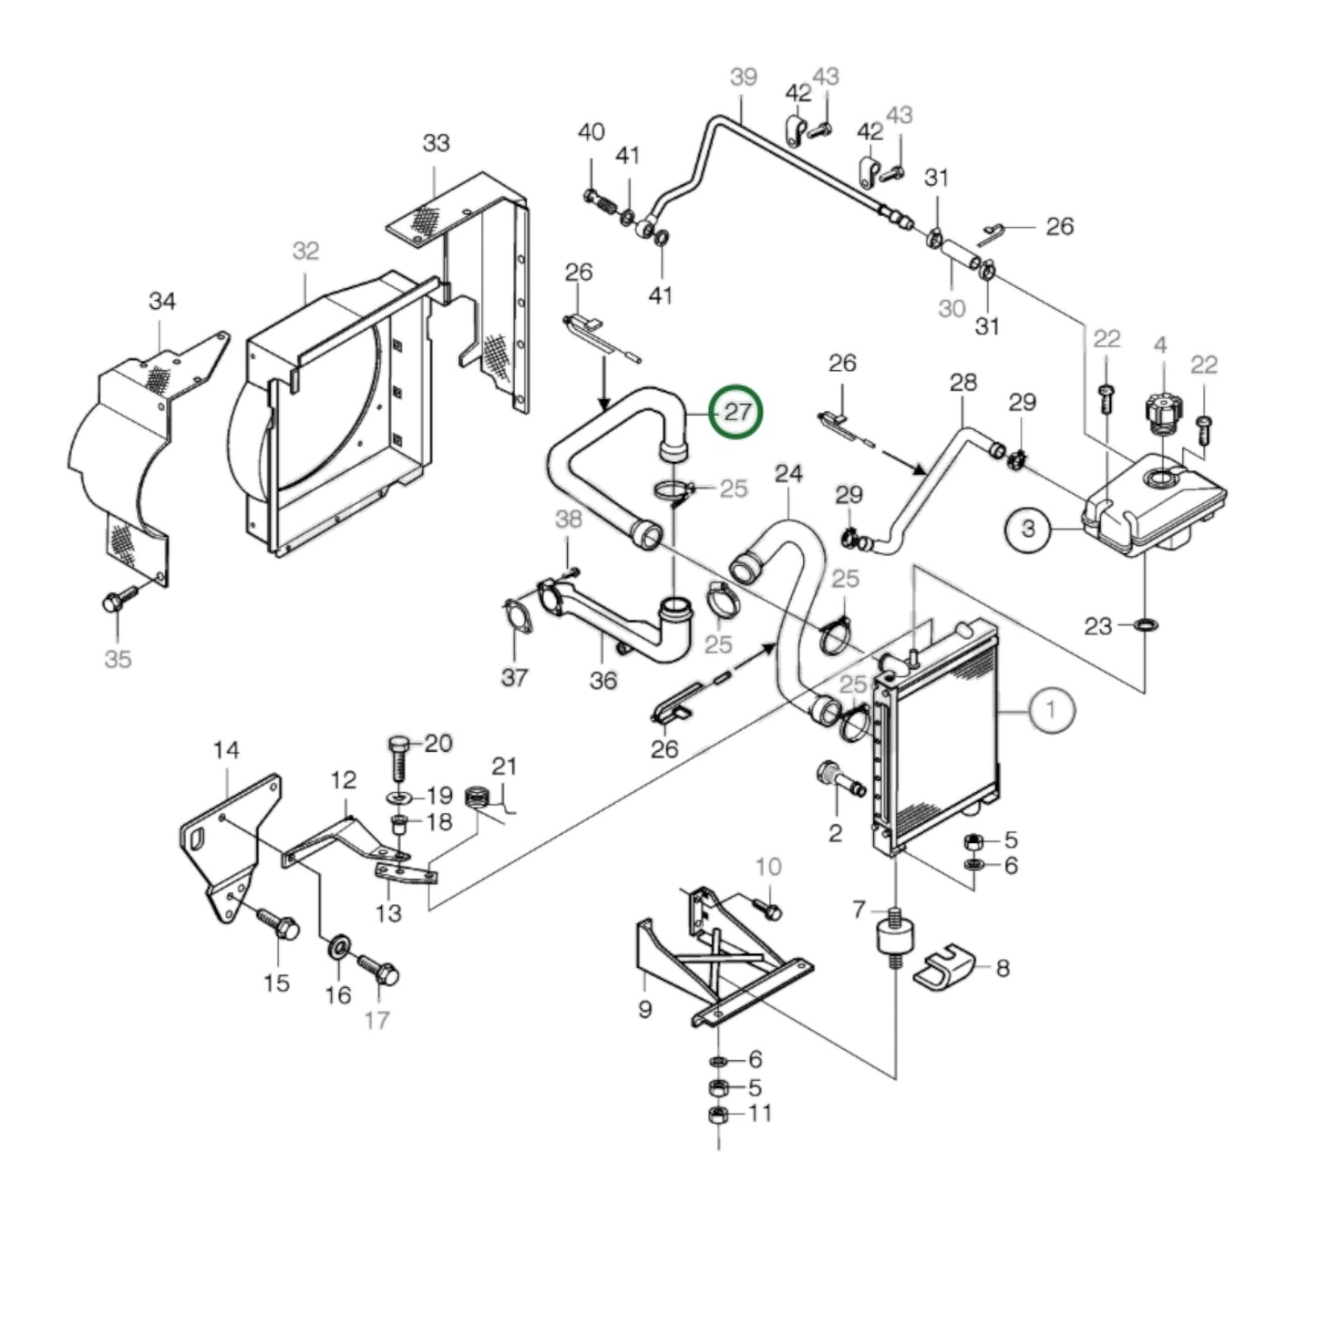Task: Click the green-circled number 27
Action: [737, 412]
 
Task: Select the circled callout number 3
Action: [1029, 529]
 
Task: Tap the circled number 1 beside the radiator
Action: [1052, 709]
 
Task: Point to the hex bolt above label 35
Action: [117, 602]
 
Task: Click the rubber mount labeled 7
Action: [895, 938]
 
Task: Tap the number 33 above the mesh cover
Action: [436, 144]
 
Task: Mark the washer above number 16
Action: [336, 944]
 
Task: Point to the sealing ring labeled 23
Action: [1145, 625]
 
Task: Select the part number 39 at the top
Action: [744, 77]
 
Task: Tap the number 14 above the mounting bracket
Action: [226, 750]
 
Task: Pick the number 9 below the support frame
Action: [645, 1010]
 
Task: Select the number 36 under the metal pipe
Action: [603, 680]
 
